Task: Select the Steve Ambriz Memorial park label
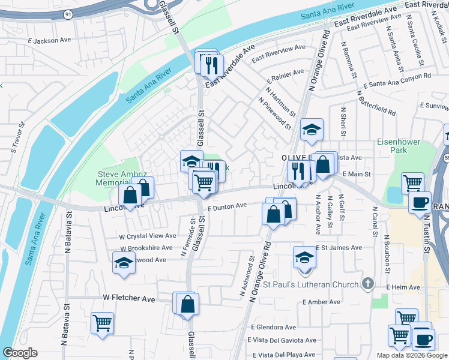click(118, 178)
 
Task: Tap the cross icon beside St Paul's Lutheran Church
click(369, 283)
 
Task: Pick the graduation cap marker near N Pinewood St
click(312, 130)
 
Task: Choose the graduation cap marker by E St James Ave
click(304, 257)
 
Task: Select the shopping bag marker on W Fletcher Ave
click(188, 304)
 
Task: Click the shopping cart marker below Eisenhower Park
click(412, 183)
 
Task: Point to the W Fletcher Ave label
click(129, 298)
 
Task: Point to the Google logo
click(20, 353)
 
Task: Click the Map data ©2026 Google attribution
click(411, 355)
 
